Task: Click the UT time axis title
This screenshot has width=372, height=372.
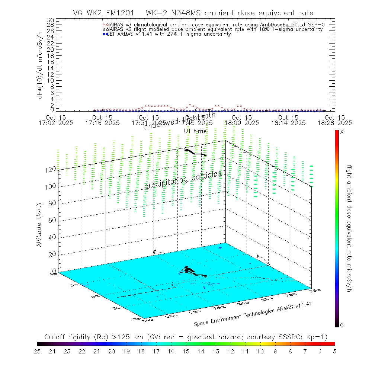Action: point(195,131)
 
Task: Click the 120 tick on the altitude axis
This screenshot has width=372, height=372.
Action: point(51,169)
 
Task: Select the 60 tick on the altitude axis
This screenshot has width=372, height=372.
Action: point(51,220)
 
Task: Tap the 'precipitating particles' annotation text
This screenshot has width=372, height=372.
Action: point(183,180)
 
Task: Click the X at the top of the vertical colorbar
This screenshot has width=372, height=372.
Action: point(342,132)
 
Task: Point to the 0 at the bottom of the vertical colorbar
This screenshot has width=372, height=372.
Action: point(342,325)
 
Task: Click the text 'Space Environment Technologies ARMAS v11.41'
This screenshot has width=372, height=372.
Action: point(253,313)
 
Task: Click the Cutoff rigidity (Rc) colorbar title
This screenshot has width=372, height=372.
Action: point(186,337)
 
